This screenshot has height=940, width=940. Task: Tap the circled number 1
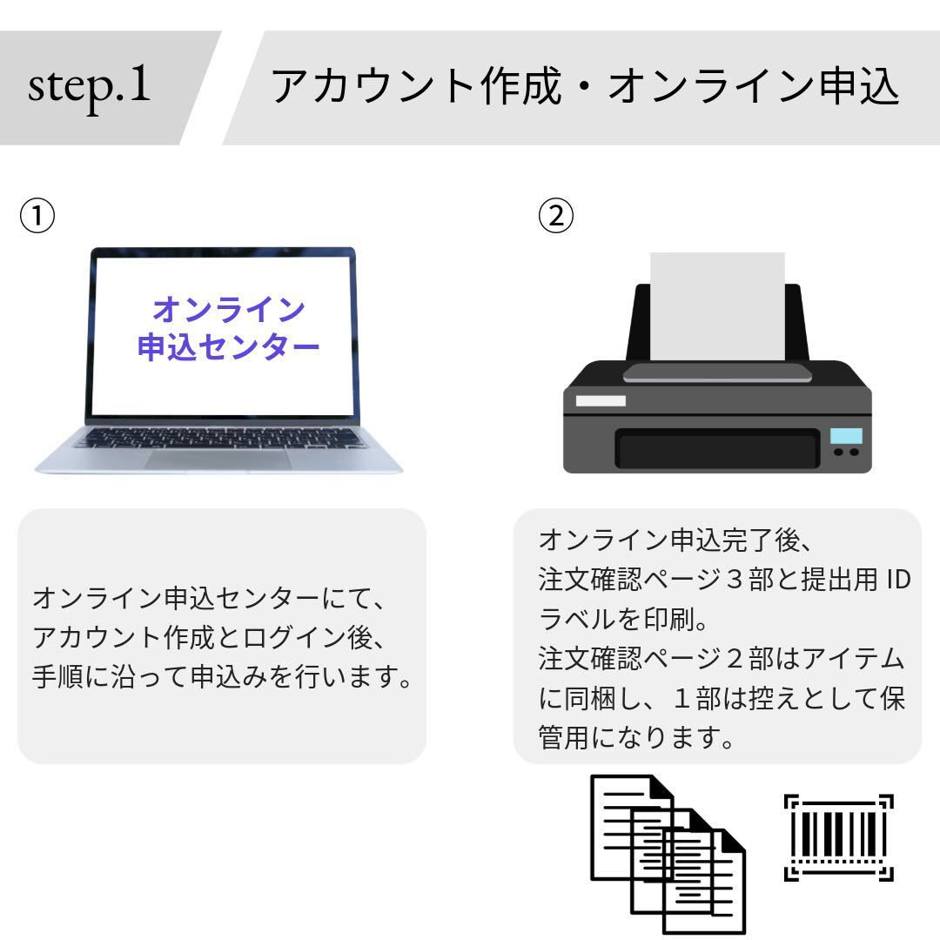[38, 215]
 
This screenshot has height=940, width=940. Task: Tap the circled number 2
[556, 215]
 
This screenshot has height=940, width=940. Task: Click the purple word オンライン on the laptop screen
[228, 309]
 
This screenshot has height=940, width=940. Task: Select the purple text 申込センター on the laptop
[228, 348]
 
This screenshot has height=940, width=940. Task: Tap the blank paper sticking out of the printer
[717, 305]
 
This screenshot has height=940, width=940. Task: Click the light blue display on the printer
[846, 435]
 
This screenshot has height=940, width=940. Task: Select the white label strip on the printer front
[601, 400]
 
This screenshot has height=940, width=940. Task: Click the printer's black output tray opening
[717, 450]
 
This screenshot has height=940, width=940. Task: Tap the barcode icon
[838, 837]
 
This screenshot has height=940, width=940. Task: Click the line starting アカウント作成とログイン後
[209, 637]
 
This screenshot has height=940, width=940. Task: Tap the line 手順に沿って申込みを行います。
[221, 676]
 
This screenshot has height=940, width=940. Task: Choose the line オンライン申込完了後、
[675, 540]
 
